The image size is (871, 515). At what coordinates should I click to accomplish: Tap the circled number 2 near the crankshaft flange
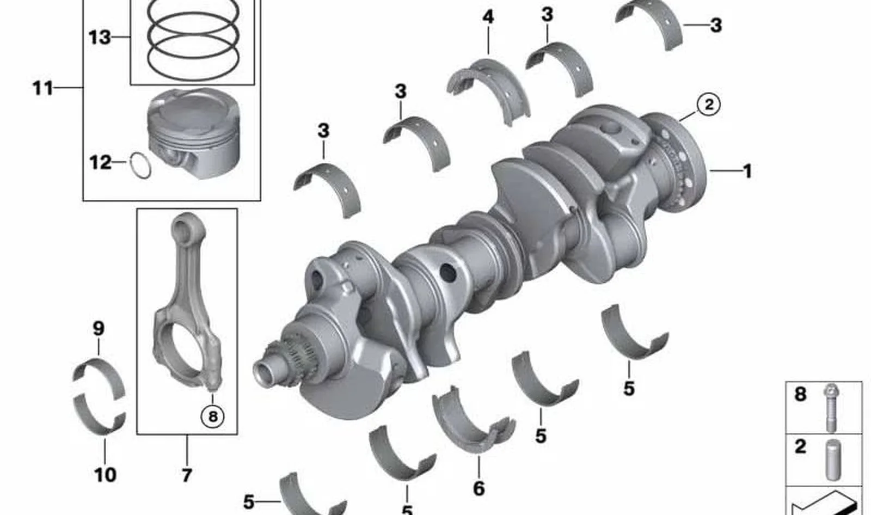click(x=708, y=105)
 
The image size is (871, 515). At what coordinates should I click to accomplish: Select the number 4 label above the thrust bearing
click(x=488, y=17)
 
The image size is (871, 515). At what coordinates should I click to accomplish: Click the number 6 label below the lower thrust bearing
click(x=479, y=488)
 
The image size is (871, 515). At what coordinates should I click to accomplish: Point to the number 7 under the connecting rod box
click(x=187, y=475)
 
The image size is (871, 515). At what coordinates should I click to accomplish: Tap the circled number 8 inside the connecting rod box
click(x=213, y=416)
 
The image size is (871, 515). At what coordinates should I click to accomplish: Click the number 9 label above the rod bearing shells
click(x=99, y=329)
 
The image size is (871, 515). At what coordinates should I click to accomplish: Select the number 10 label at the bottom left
click(x=105, y=475)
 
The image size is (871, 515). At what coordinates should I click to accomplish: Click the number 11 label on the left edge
click(x=42, y=88)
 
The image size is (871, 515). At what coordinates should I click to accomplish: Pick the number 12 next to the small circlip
click(x=100, y=163)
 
